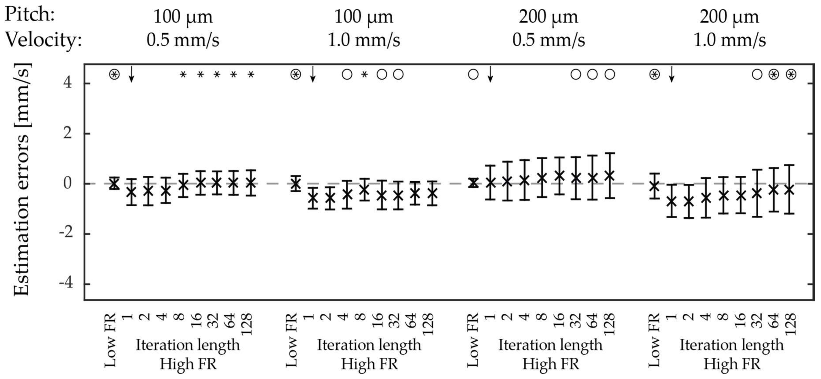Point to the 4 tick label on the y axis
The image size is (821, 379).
click(x=67, y=84)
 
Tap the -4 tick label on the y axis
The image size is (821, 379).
click(x=66, y=283)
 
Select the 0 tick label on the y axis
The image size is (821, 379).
click(x=67, y=184)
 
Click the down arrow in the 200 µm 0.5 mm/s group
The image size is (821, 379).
click(x=490, y=74)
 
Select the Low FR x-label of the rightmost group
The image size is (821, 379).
click(x=654, y=340)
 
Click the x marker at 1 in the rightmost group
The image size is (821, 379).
click(x=672, y=201)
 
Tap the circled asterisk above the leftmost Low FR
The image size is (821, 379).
click(x=114, y=75)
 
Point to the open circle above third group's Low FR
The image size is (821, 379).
click(x=473, y=75)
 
